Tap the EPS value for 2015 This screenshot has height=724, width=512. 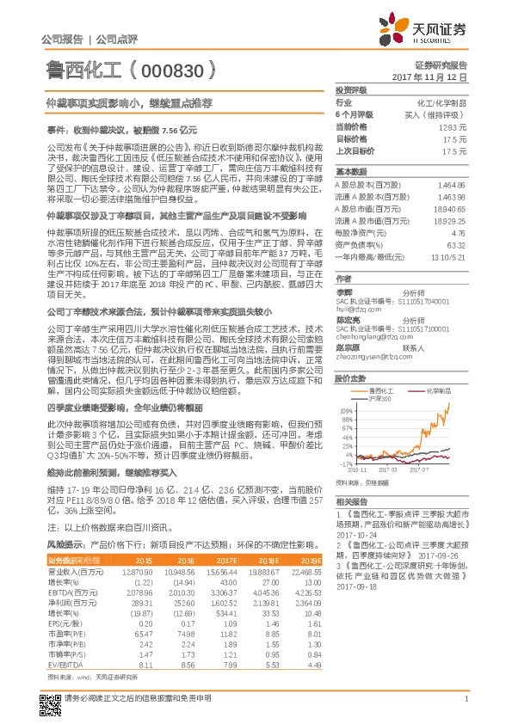(x=140, y=625)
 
